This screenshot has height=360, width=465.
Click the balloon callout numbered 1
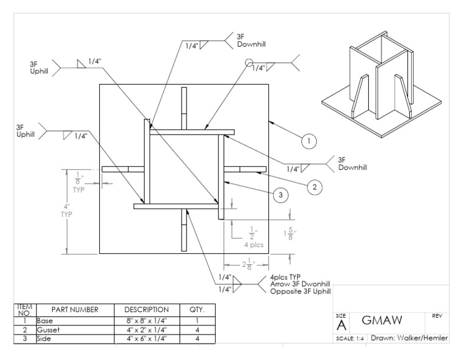pos(309,141)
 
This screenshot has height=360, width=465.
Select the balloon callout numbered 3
pos(279,195)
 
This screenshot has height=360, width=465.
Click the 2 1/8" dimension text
pos(245,264)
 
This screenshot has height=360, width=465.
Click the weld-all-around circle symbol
pos(248,62)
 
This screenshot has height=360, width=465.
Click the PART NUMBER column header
pos(75,310)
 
